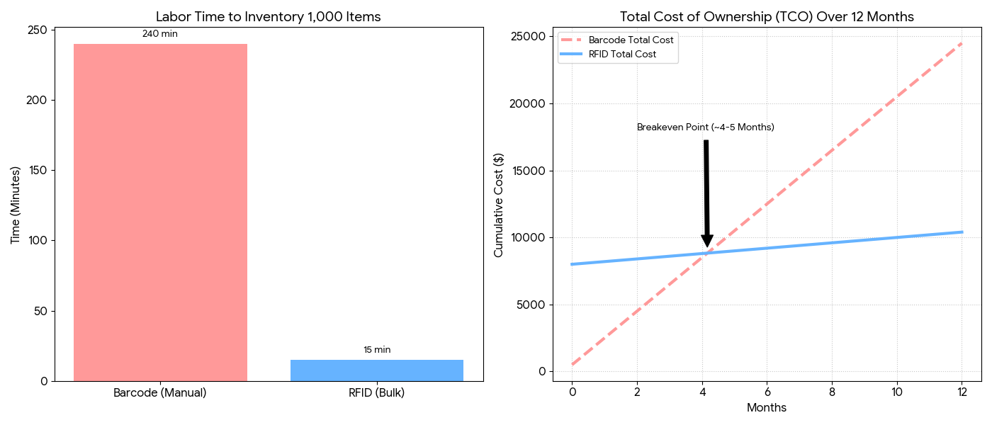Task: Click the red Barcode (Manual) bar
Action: pos(160,212)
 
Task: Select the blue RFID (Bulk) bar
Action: pos(377,370)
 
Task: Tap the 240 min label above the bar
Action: pos(160,33)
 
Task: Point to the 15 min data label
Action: pos(377,349)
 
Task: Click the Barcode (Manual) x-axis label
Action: pos(160,392)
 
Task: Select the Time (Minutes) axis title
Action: pos(16,205)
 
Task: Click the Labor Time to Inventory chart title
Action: pos(269,17)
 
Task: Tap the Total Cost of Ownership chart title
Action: pos(767,17)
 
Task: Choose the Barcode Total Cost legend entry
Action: pos(631,40)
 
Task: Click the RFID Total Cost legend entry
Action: pos(622,54)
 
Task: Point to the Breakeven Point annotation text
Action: pos(705,127)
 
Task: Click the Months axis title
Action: pos(767,408)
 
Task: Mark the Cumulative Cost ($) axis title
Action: pos(499,205)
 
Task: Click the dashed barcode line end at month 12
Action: pos(962,43)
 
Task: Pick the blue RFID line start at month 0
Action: pos(572,264)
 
